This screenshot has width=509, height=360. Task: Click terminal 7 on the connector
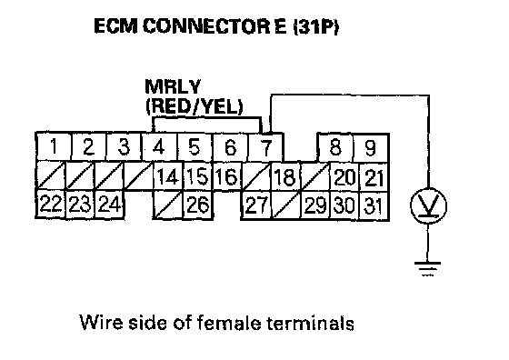click(x=266, y=147)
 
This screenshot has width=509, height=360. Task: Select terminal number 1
click(x=54, y=146)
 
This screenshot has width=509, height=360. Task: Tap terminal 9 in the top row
click(x=371, y=147)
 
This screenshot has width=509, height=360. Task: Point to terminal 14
click(x=168, y=176)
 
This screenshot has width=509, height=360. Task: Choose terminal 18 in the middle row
click(x=285, y=176)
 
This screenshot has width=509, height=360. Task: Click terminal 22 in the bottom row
click(x=51, y=205)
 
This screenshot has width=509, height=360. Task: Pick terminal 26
click(x=198, y=205)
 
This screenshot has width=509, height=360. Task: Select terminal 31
click(x=374, y=205)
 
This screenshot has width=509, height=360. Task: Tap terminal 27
click(x=256, y=205)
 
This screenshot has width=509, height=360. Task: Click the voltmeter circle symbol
click(x=428, y=205)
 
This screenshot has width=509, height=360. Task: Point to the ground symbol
click(x=427, y=269)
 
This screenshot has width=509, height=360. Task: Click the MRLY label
click(x=173, y=86)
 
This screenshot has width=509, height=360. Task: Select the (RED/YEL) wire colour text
click(x=195, y=105)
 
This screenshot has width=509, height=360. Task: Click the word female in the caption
click(x=229, y=323)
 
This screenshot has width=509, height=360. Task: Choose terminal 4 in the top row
click(x=159, y=146)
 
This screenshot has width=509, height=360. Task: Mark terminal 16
click(x=226, y=176)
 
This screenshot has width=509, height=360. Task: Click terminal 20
click(x=344, y=177)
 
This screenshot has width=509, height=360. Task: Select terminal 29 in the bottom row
click(x=314, y=205)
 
